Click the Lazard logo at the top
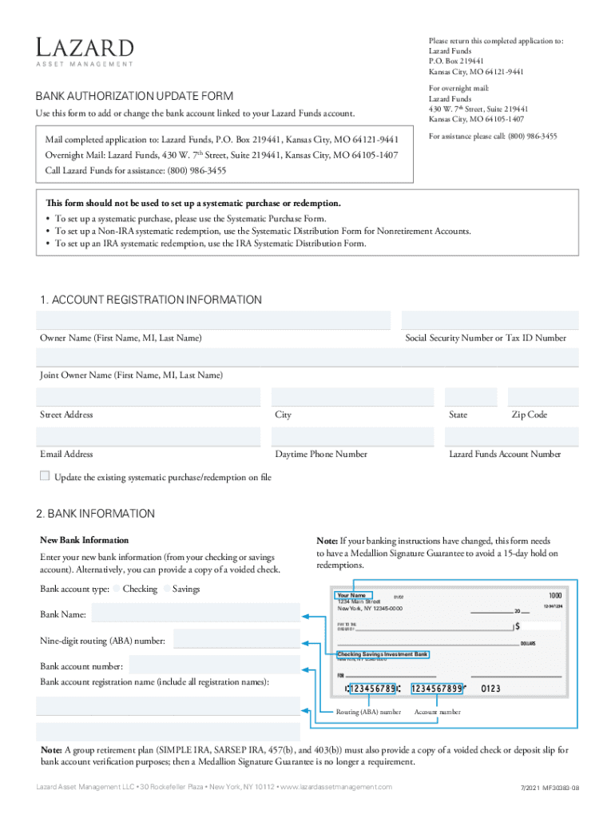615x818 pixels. (84, 50)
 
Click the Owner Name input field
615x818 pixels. (213, 320)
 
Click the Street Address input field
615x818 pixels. (149, 397)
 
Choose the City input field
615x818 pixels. (352, 397)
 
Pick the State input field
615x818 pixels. (470, 397)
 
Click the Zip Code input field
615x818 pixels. (543, 397)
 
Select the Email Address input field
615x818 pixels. (149, 437)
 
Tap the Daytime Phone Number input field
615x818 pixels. (352, 437)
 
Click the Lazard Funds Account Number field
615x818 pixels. (511, 437)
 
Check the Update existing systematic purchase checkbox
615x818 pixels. (45, 476)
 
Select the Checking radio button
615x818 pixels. (117, 589)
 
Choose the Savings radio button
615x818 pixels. (167, 589)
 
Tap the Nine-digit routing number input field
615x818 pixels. (236, 640)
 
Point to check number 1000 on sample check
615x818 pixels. (554, 596)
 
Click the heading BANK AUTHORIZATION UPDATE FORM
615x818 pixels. (134, 96)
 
